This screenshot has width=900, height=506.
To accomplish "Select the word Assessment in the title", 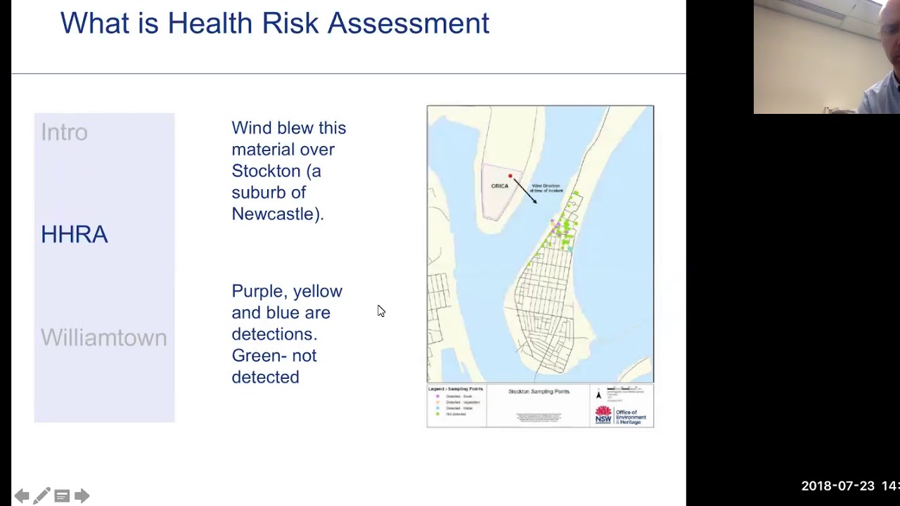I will [408, 23].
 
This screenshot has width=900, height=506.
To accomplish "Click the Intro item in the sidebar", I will [64, 132].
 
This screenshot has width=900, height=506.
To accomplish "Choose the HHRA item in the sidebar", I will [74, 235].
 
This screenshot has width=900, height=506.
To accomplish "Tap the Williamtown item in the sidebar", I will [103, 338].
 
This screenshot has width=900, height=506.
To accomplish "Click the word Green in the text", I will [255, 356].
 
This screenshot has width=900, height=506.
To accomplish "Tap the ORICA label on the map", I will [499, 186].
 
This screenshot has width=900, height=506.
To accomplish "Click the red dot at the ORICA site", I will [510, 176].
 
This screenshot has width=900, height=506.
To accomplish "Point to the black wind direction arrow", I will [525, 190].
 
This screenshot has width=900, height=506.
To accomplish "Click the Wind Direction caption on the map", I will [546, 188].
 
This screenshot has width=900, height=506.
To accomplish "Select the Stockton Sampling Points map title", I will [539, 391].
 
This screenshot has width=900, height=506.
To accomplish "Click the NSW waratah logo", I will [603, 415].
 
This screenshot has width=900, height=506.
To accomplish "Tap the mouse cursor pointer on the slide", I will [380, 311].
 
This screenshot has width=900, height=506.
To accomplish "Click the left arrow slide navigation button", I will [22, 496].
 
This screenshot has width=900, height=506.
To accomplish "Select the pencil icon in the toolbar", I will [41, 496].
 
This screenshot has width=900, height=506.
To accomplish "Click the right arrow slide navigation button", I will [82, 496].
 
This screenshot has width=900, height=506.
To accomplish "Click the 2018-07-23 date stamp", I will [836, 486].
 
